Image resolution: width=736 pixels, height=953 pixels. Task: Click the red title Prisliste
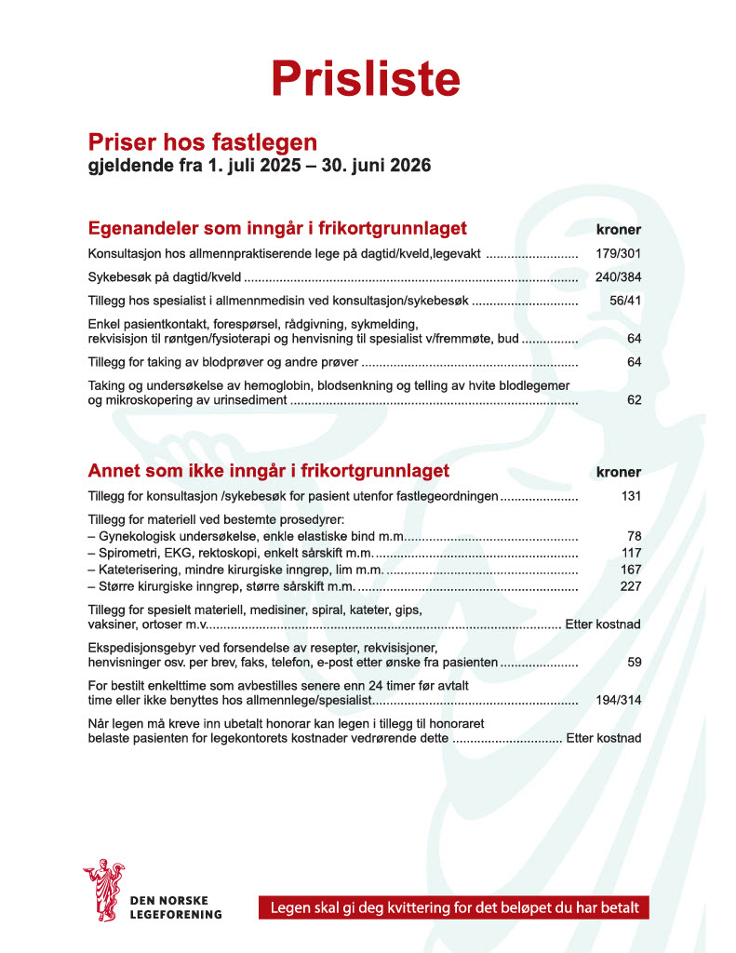[x=366, y=78]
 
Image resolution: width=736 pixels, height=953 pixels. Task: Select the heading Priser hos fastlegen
[x=202, y=142]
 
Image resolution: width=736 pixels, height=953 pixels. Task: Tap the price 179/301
[x=618, y=253]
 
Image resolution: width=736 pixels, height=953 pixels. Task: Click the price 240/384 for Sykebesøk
[x=618, y=277]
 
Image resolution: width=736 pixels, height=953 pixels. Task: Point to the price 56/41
[x=623, y=301]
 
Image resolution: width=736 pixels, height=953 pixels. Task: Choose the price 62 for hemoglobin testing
[x=634, y=400]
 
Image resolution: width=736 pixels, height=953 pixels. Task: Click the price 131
[x=631, y=496]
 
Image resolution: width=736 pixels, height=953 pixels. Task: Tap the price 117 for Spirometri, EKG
[x=631, y=552]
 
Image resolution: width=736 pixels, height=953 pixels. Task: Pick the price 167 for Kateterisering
[x=631, y=569]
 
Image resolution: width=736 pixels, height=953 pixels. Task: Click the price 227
[x=631, y=585]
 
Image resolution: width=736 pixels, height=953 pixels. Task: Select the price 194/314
[x=618, y=700]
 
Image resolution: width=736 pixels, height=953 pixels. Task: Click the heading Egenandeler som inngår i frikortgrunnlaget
[x=276, y=228]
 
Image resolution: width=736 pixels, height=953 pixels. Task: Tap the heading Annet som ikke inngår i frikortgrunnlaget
[x=268, y=470]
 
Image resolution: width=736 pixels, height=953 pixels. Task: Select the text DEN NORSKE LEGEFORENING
[x=176, y=907]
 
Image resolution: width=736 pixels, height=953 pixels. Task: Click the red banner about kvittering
[x=453, y=907]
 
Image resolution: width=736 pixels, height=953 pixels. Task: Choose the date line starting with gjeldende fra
[x=259, y=167]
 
